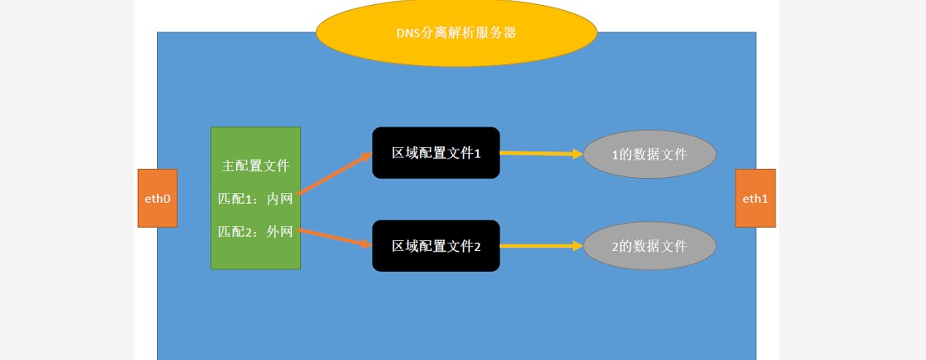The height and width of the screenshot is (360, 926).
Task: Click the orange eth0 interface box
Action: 157,199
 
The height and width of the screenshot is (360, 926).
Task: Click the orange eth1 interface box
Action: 755,199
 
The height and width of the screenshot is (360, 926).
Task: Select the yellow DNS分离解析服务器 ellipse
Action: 456,32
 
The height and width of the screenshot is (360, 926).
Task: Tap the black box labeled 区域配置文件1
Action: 436,153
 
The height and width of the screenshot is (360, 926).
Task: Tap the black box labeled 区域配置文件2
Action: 436,245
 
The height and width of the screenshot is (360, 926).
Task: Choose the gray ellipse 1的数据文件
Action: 649,154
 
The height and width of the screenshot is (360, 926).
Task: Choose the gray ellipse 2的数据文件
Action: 649,246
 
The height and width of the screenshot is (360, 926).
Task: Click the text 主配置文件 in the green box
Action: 255,165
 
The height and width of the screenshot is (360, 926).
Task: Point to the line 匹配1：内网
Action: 255,199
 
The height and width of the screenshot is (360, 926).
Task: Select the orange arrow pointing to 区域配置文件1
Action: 334,173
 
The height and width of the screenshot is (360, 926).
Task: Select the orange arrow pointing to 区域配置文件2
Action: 334,237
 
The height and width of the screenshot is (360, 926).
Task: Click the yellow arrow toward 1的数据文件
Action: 541,153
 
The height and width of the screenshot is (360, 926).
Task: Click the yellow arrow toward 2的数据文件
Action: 541,246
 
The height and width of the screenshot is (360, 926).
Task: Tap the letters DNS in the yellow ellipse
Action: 406,33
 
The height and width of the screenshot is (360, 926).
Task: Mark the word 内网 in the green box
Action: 280,199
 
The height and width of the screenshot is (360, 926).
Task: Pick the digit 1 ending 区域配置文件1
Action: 478,153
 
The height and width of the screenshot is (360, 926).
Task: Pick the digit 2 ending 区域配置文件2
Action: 478,246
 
